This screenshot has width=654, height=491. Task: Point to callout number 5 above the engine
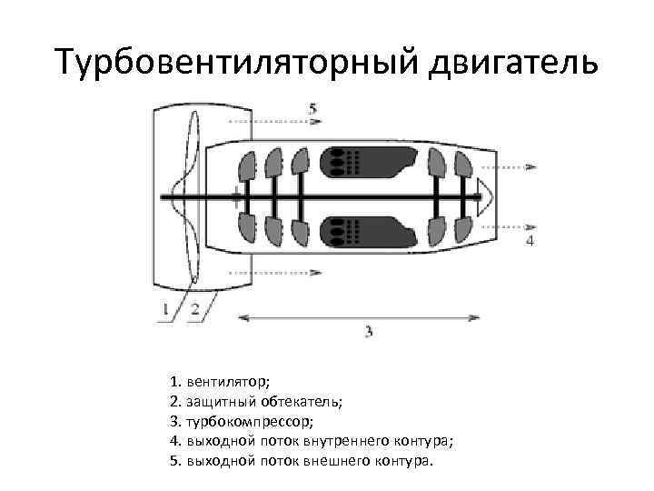(x=313, y=108)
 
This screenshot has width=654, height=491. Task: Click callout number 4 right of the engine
(x=530, y=240)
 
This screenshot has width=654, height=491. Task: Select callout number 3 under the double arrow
(x=368, y=332)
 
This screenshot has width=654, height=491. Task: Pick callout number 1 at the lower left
(x=166, y=309)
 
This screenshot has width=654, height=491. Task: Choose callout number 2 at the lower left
(x=194, y=309)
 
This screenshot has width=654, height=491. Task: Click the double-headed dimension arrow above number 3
(x=359, y=316)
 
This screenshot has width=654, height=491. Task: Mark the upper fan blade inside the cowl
(x=191, y=151)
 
